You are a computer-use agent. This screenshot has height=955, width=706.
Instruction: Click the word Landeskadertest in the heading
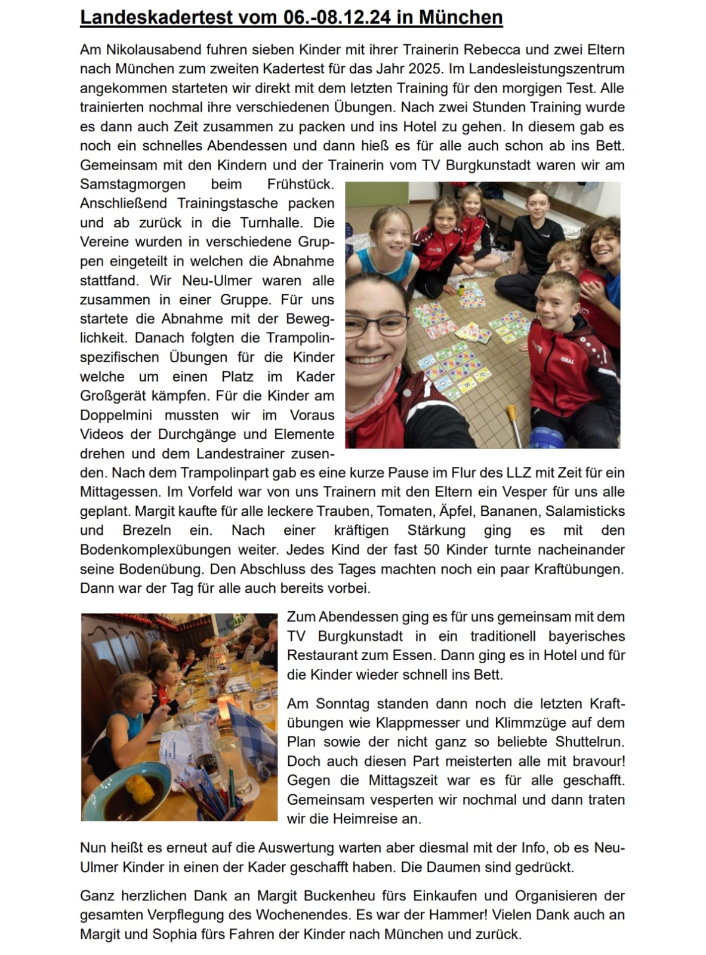(157, 17)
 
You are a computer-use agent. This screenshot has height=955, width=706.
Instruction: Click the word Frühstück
(300, 184)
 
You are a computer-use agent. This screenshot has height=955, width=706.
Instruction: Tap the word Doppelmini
(116, 415)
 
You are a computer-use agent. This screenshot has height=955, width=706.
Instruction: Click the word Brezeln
(147, 530)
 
